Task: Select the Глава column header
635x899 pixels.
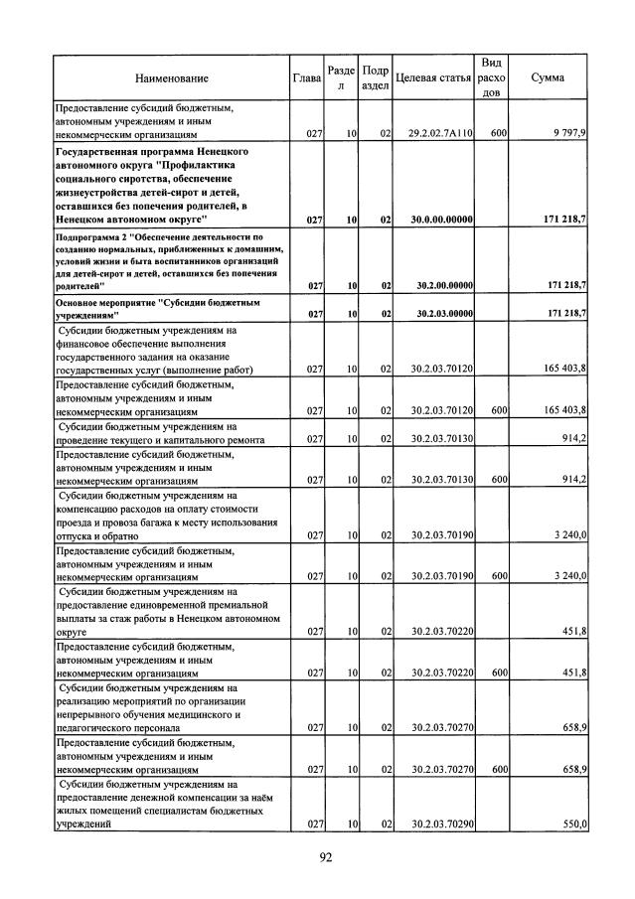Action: coord(306,77)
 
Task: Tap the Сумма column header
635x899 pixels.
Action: coord(549,77)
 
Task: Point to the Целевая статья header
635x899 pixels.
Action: coord(432,77)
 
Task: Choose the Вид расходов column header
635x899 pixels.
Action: coord(490,77)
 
